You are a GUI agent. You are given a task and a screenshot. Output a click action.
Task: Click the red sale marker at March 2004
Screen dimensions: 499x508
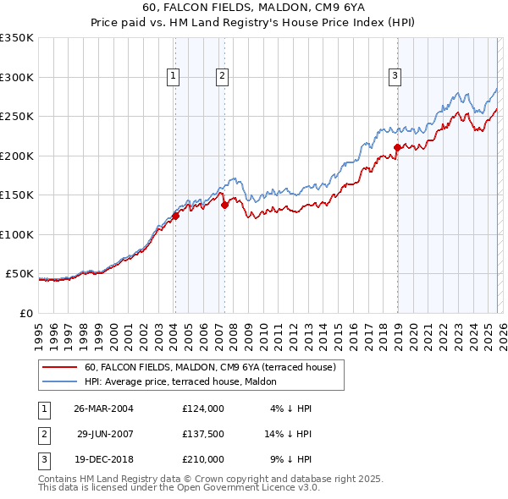click(175, 216)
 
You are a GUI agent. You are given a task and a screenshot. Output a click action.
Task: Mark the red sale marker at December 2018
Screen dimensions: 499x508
click(397, 148)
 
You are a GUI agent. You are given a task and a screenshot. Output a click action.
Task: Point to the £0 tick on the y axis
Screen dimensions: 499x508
click(26, 313)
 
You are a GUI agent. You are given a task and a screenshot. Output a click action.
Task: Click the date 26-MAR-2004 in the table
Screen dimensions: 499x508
click(103, 409)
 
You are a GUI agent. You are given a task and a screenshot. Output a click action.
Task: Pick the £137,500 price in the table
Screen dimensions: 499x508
click(203, 434)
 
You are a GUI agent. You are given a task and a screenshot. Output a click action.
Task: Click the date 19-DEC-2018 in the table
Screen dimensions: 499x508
click(103, 459)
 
